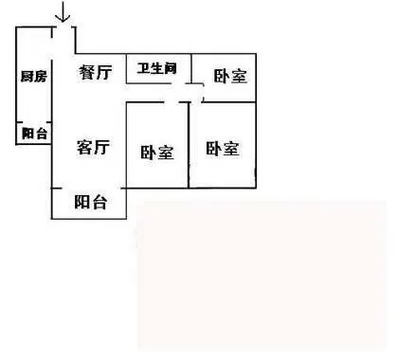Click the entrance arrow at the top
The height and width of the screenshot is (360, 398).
[63, 12]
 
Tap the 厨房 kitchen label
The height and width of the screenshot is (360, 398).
[34, 77]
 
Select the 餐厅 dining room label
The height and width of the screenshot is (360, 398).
[96, 72]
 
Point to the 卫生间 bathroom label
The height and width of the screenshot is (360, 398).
[157, 68]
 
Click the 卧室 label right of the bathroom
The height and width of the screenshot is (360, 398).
[230, 76]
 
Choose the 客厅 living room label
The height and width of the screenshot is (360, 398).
[94, 147]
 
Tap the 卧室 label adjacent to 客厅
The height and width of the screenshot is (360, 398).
[157, 153]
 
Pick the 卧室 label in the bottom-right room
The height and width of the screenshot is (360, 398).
[223, 149]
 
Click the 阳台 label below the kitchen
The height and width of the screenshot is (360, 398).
[34, 134]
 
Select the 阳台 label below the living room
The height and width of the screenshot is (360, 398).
[91, 202]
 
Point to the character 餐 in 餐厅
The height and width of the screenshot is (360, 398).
[86, 72]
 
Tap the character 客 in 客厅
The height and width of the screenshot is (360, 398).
[84, 147]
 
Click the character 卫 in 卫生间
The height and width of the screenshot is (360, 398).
[143, 68]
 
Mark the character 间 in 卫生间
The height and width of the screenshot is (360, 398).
[171, 68]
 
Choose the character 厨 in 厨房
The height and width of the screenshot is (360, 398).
[27, 77]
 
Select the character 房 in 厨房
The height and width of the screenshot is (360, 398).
[41, 77]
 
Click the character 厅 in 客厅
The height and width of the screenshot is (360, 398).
[102, 148]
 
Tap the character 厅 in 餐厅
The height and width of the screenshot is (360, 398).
[104, 73]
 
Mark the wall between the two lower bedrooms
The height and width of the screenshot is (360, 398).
[189, 145]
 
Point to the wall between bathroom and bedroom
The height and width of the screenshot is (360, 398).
[191, 67]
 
